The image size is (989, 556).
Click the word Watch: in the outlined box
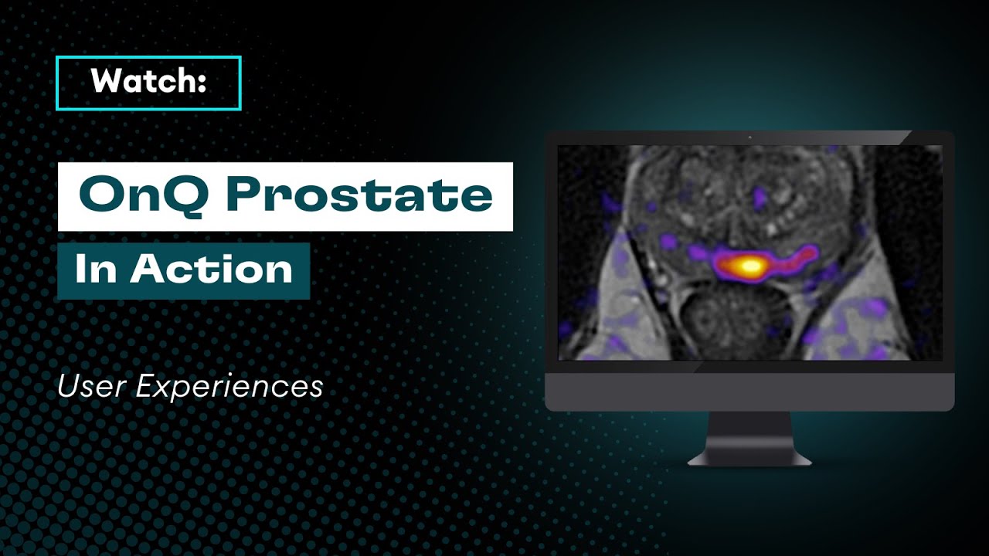click(x=148, y=82)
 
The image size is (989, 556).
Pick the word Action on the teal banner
click(x=211, y=270)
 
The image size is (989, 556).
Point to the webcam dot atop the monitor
click(x=749, y=137)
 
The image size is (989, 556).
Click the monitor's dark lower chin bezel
click(x=749, y=386)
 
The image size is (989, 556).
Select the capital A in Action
click(x=146, y=270)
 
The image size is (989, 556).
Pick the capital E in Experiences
click(x=145, y=386)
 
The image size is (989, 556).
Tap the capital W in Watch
click(x=105, y=82)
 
